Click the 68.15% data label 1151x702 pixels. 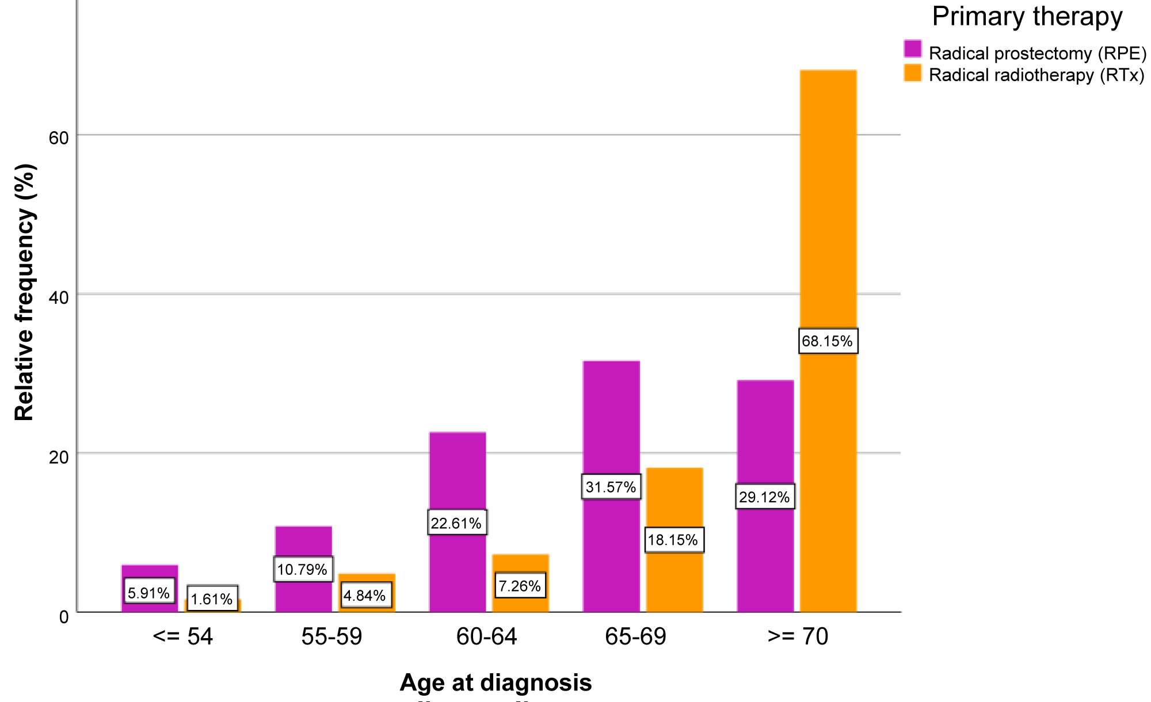(828, 341)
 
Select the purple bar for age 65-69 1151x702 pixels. (611, 426)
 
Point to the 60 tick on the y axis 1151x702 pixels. (59, 138)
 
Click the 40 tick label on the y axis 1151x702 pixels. (59, 297)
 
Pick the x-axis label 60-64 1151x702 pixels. (486, 637)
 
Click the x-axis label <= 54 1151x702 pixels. (183, 637)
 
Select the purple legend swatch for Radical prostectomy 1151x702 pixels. (913, 49)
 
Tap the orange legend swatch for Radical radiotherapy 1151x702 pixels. (913, 73)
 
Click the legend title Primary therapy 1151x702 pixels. (1027, 17)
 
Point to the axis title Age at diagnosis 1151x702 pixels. (496, 682)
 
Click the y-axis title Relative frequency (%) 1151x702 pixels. (25, 292)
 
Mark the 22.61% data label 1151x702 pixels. (456, 523)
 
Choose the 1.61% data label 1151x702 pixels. (212, 600)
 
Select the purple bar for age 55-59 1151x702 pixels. (303, 541)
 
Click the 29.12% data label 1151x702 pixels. (764, 497)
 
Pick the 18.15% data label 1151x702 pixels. (673, 540)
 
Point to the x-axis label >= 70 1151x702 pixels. (798, 637)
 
